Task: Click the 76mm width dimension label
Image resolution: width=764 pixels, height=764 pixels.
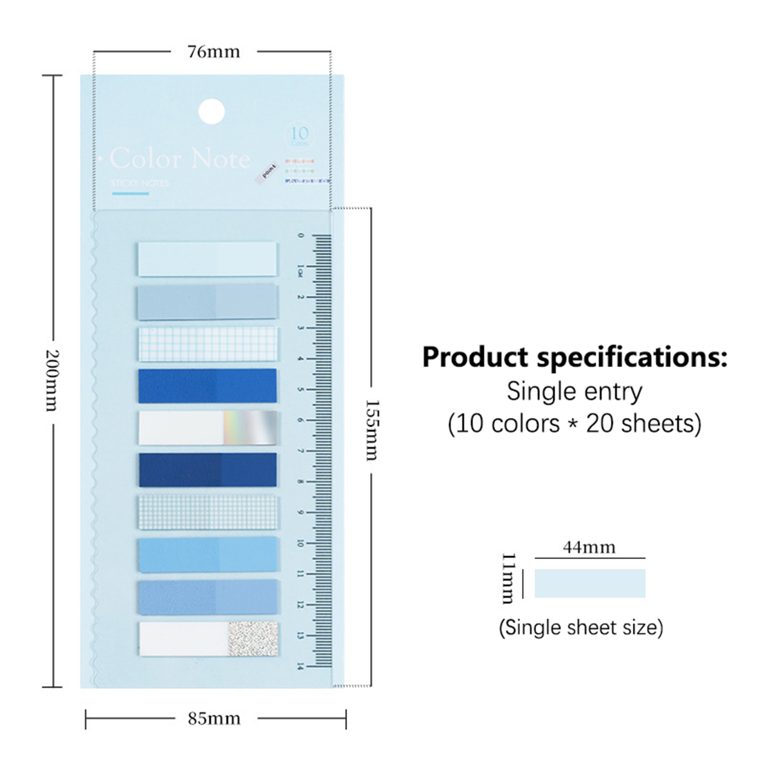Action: tap(213, 52)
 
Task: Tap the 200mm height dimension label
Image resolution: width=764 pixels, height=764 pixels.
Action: tap(51, 381)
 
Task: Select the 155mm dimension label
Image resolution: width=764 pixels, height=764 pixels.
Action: tap(371, 430)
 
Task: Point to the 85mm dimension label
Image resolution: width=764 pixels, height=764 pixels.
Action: tap(214, 719)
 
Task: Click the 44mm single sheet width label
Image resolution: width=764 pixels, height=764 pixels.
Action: tap(589, 547)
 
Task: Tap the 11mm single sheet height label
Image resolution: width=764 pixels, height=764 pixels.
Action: tap(509, 578)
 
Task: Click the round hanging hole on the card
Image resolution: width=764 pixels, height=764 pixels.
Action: tap(212, 112)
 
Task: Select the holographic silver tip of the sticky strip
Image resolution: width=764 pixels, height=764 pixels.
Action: tap(250, 427)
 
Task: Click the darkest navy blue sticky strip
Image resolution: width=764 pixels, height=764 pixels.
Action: tap(208, 470)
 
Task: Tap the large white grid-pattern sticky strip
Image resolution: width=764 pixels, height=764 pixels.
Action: tap(208, 344)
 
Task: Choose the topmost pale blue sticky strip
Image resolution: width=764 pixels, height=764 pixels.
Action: tap(208, 259)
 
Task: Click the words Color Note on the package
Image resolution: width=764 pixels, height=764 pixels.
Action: tap(180, 159)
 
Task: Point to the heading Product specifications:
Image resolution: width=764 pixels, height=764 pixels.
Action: tap(574, 357)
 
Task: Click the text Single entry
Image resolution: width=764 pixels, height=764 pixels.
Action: tap(574, 392)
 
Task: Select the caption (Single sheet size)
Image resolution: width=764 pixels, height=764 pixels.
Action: tap(581, 627)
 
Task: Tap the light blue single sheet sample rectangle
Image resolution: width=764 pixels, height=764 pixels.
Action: tap(590, 583)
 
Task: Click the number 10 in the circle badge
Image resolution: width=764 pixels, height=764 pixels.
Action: tap(300, 133)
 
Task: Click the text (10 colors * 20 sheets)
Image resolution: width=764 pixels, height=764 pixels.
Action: tap(574, 424)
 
